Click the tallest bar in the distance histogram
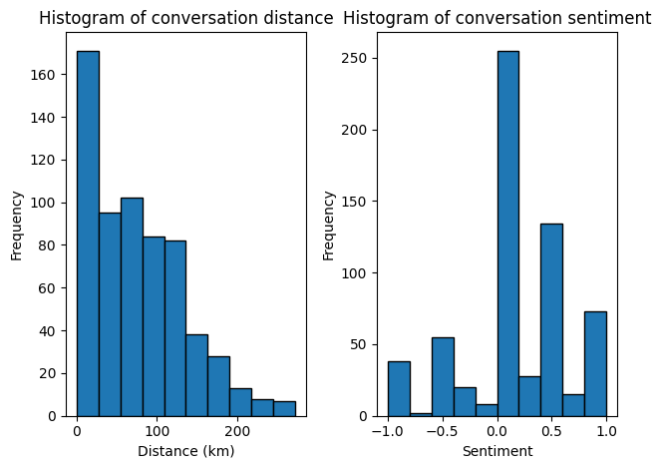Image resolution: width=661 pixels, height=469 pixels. pyautogui.click(x=88, y=234)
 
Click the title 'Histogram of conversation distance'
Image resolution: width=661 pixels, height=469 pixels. pyautogui.click(x=186, y=18)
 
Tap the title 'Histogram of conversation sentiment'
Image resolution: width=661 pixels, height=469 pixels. pyautogui.click(x=496, y=18)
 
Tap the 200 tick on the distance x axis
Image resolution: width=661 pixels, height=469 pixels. pyautogui.click(x=237, y=432)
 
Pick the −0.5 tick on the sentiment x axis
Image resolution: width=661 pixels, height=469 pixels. pyautogui.click(x=440, y=432)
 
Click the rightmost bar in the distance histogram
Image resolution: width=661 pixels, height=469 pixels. pyautogui.click(x=284, y=409)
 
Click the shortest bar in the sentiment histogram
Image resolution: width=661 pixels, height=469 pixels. pyautogui.click(x=421, y=414)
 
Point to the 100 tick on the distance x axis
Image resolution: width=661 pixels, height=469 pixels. pyautogui.click(x=157, y=432)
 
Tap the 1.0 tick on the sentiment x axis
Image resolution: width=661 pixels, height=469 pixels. pyautogui.click(x=606, y=432)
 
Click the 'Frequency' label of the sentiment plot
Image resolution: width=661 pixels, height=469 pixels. pyautogui.click(x=330, y=226)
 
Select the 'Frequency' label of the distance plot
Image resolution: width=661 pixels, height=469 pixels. pyautogui.click(x=17, y=226)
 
